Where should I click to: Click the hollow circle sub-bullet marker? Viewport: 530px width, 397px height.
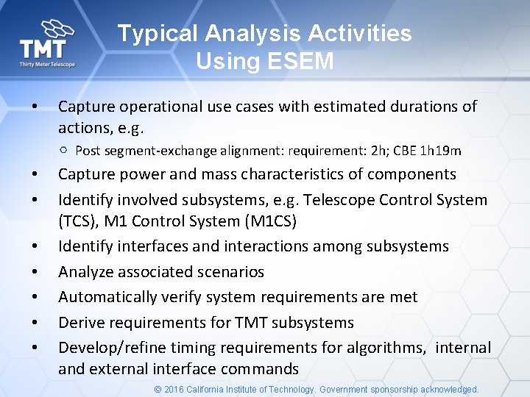click(x=64, y=150)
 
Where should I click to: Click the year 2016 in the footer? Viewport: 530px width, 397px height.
click(x=174, y=390)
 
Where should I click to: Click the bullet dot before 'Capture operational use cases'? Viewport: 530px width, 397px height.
click(x=35, y=107)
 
